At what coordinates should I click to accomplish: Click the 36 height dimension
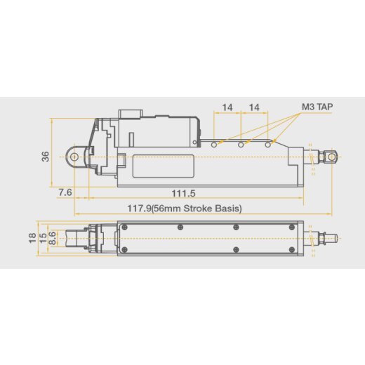46,157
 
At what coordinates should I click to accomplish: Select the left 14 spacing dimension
227,108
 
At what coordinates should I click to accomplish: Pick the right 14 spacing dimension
254,108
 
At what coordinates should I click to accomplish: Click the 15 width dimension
42,237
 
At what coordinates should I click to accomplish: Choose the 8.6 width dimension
52,238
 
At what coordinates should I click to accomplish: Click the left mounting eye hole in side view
74,156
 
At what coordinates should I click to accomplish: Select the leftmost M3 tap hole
213,144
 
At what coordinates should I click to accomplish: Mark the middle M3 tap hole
241,144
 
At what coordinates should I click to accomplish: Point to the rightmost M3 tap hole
267,144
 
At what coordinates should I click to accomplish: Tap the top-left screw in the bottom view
124,226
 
